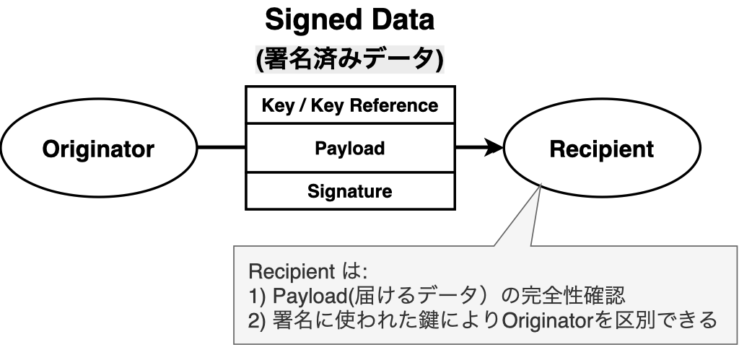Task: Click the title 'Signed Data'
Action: tap(350, 20)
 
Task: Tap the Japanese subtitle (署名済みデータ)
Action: tap(350, 60)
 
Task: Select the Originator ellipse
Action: tap(97, 149)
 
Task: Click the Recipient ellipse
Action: tap(601, 149)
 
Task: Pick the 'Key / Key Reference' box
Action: tap(350, 105)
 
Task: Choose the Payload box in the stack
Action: tap(350, 149)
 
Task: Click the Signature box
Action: tap(350, 192)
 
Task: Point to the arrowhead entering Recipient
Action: tap(494, 149)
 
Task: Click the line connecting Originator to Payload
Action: tap(221, 149)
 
